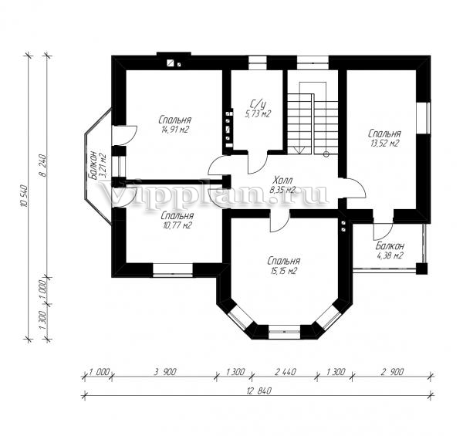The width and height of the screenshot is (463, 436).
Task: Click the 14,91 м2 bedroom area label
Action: (x=175, y=124)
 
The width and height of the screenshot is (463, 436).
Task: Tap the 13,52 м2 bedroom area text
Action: (x=384, y=138)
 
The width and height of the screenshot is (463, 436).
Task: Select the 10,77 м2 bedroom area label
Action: (x=177, y=221)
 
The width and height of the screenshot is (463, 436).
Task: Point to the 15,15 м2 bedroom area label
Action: (x=284, y=266)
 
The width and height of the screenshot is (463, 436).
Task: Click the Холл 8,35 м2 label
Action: (x=282, y=184)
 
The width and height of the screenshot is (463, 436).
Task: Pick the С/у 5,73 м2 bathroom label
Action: (x=258, y=109)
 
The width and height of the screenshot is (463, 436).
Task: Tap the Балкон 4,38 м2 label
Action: (x=390, y=251)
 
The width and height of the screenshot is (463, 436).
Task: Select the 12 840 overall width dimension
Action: (x=259, y=391)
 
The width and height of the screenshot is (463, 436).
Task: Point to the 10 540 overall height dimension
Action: (x=25, y=196)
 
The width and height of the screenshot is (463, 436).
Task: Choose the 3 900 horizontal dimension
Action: (x=164, y=372)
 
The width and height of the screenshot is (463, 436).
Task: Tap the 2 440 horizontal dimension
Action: (x=285, y=372)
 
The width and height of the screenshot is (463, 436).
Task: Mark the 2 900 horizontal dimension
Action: (x=392, y=372)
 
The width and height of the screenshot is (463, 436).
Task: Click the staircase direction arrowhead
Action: (x=299, y=150)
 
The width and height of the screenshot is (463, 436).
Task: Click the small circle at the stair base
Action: (x=326, y=154)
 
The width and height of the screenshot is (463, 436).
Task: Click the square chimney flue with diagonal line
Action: (x=171, y=63)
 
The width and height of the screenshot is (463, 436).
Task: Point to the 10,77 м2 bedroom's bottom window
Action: (x=173, y=270)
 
